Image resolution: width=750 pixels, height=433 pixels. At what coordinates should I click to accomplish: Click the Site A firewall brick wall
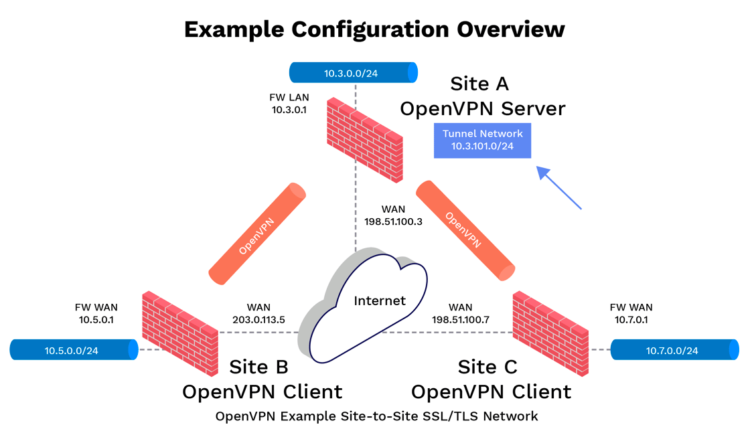pyautogui.click(x=366, y=140)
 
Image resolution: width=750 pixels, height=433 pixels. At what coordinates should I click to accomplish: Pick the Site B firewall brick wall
pyautogui.click(x=180, y=333)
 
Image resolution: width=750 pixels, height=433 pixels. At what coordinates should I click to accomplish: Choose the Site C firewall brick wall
pyautogui.click(x=550, y=333)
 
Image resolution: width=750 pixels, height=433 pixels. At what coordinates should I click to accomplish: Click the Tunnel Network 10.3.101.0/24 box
pyautogui.click(x=482, y=140)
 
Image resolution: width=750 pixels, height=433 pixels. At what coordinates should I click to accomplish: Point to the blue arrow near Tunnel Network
pyautogui.click(x=559, y=188)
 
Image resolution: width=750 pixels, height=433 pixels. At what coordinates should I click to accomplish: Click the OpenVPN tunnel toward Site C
pyautogui.click(x=465, y=230)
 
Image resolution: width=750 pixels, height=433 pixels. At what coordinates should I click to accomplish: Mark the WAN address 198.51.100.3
pyautogui.click(x=392, y=222)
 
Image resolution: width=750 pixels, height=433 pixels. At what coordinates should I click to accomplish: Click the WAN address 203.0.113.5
pyautogui.click(x=258, y=319)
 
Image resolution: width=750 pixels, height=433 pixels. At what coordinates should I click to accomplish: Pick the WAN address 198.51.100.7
pyautogui.click(x=461, y=319)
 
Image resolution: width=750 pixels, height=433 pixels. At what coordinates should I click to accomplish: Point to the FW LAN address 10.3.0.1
pyautogui.click(x=289, y=110)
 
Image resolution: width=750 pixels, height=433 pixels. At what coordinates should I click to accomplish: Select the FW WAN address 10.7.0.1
pyautogui.click(x=631, y=319)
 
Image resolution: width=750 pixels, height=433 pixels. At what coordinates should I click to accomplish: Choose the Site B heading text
pyautogui.click(x=258, y=367)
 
